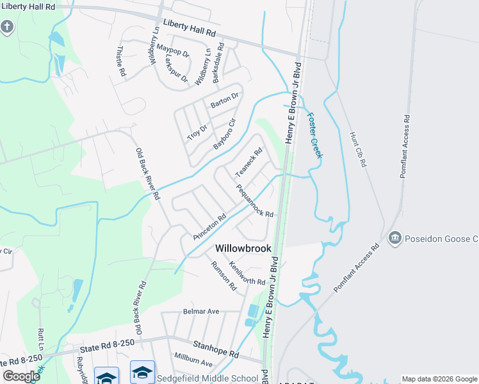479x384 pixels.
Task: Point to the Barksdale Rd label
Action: click(x=218, y=62)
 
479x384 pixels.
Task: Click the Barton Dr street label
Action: click(x=225, y=99)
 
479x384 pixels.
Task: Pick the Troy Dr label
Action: click(x=198, y=128)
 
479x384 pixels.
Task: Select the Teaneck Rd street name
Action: click(x=249, y=163)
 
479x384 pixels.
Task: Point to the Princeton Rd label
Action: click(x=210, y=227)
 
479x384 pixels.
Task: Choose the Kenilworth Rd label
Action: click(x=247, y=273)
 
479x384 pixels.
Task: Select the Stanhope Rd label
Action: click(x=216, y=349)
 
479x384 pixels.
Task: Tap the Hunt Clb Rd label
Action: click(x=357, y=149)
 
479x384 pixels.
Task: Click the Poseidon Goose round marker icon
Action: click(x=394, y=239)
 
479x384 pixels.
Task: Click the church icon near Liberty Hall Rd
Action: click(x=7, y=28)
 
